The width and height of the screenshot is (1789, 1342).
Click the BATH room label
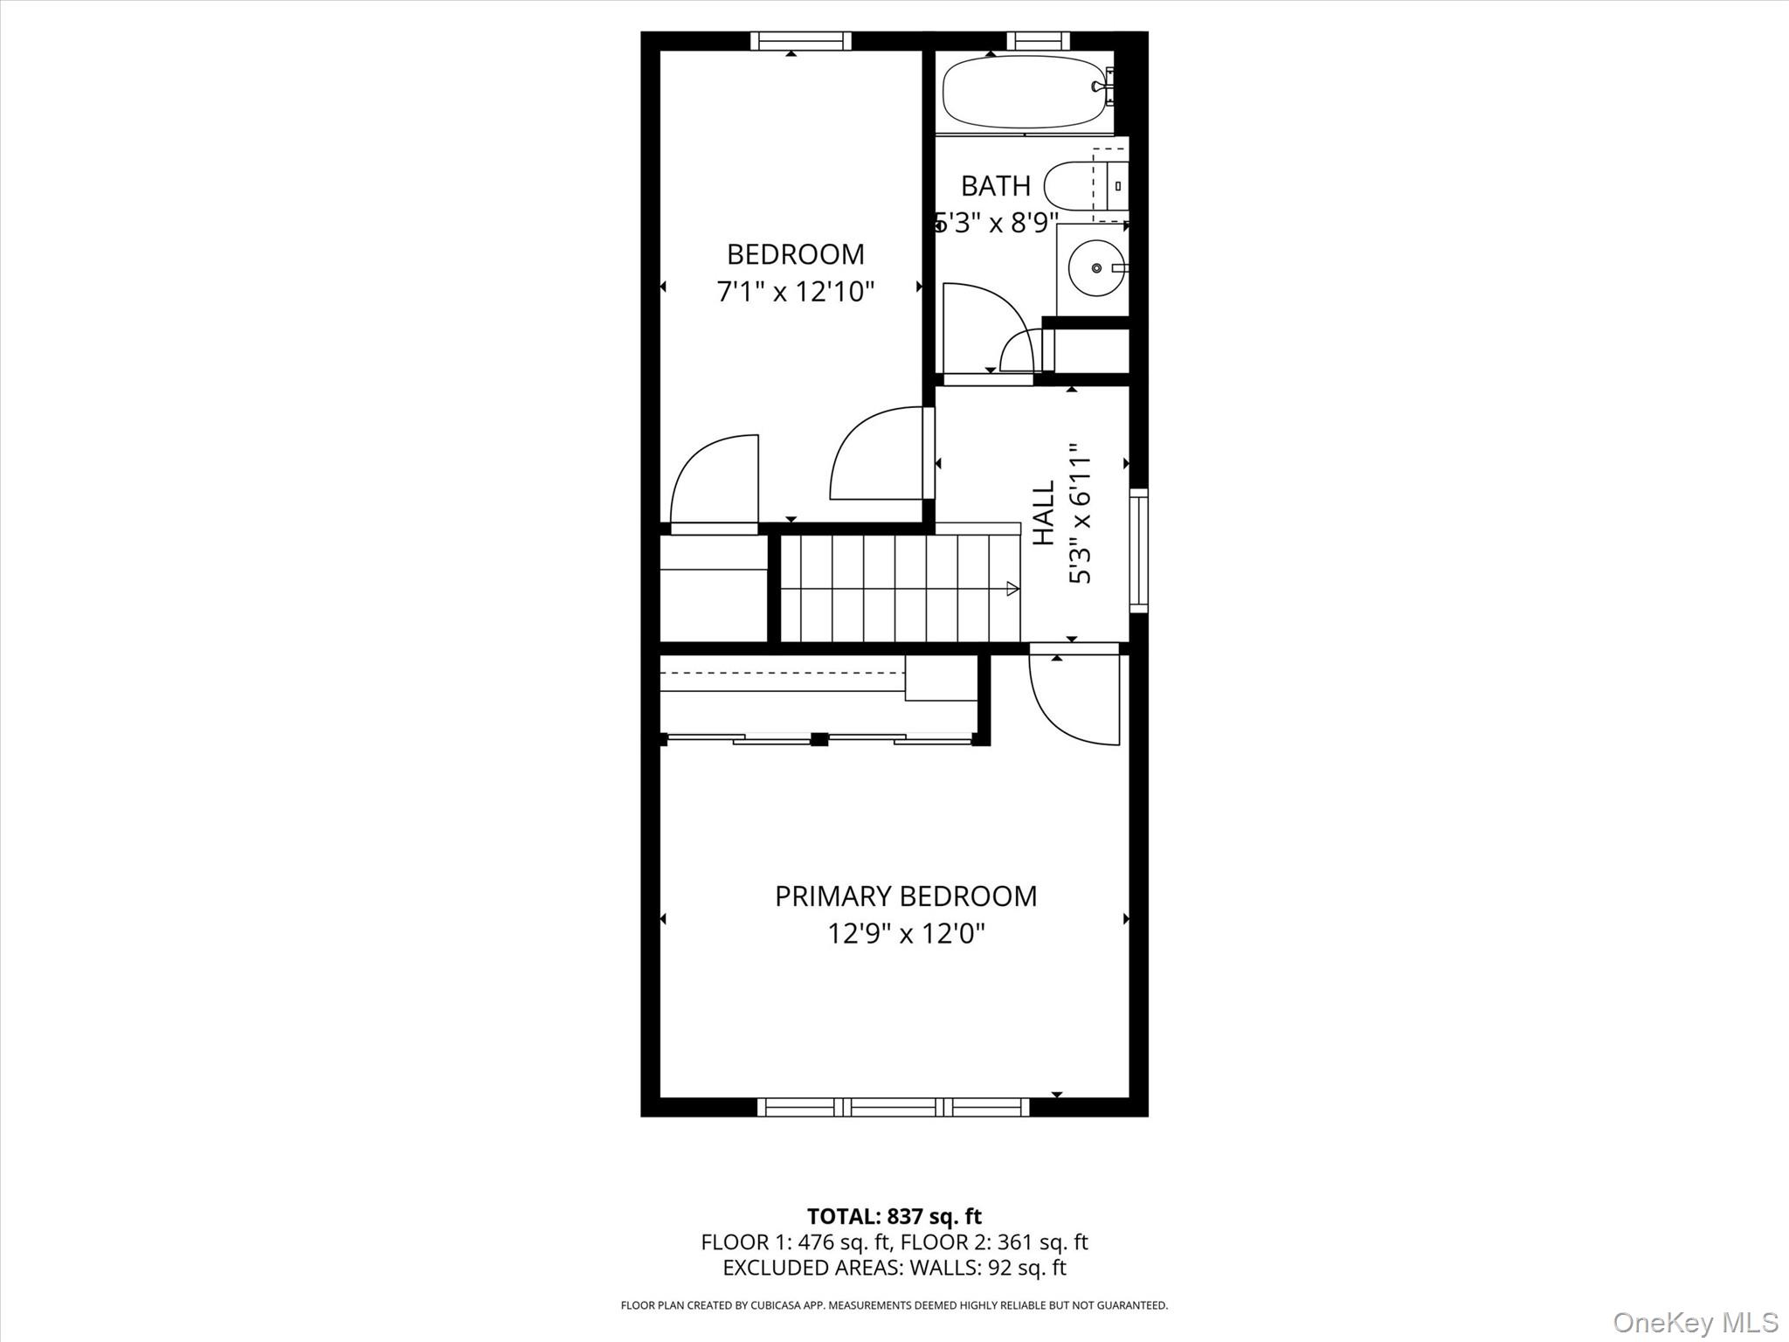(x=995, y=186)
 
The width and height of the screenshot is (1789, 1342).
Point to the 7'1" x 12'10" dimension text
(x=795, y=291)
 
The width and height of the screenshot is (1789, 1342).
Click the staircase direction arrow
(x=1012, y=589)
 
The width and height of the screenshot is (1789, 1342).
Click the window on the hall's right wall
(x=1138, y=549)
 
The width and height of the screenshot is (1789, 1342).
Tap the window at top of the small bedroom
(x=800, y=40)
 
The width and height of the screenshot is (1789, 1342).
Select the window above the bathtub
(x=1038, y=40)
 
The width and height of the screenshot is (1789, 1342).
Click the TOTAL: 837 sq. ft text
(x=894, y=1216)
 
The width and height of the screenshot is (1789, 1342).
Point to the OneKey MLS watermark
(x=1695, y=1322)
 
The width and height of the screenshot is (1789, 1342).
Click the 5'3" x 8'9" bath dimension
(x=997, y=224)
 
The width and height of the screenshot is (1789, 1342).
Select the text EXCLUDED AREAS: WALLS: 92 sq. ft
(x=894, y=1268)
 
